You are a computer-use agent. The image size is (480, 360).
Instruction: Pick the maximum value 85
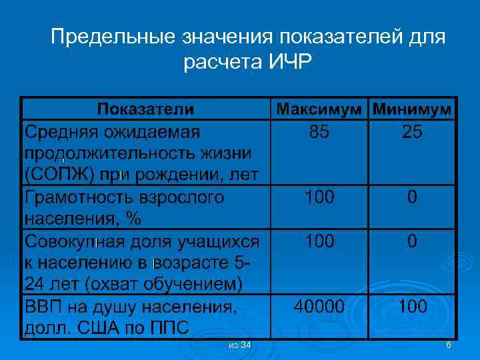click(319, 132)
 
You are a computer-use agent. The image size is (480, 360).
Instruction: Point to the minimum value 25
click(412, 132)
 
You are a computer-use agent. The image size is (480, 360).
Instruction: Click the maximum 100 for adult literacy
click(319, 197)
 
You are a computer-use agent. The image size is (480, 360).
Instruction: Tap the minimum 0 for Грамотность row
click(412, 197)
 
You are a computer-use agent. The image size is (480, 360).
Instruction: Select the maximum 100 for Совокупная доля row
click(319, 241)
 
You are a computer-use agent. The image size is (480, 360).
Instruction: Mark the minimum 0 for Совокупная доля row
click(412, 241)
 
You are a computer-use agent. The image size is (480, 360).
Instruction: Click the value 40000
click(319, 306)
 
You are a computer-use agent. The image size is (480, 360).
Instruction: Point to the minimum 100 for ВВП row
click(412, 306)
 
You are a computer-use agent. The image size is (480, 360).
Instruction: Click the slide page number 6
click(449, 344)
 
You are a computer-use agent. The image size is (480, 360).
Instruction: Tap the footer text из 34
click(239, 344)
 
